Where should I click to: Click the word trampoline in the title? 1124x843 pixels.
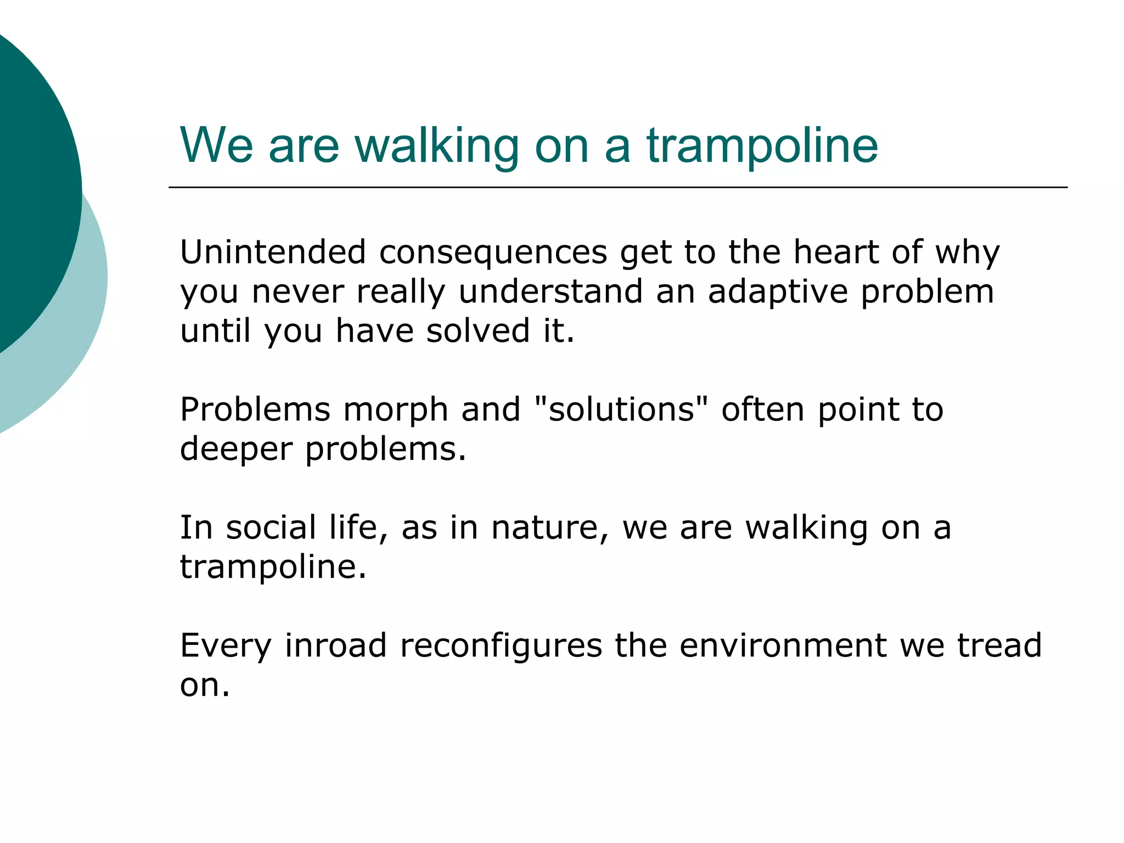(762, 146)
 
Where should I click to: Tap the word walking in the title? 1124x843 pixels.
(437, 146)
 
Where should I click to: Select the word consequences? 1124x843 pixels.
(493, 253)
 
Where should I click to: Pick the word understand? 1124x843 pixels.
(550, 291)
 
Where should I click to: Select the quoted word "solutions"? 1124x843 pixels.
(621, 409)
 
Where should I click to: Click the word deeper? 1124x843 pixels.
(236, 449)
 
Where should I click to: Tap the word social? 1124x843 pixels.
(271, 527)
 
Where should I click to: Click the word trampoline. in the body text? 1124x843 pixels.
(273, 567)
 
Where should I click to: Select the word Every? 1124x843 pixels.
(226, 646)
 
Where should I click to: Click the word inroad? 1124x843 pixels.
(335, 645)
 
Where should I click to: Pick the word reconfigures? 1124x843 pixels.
(501, 646)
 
